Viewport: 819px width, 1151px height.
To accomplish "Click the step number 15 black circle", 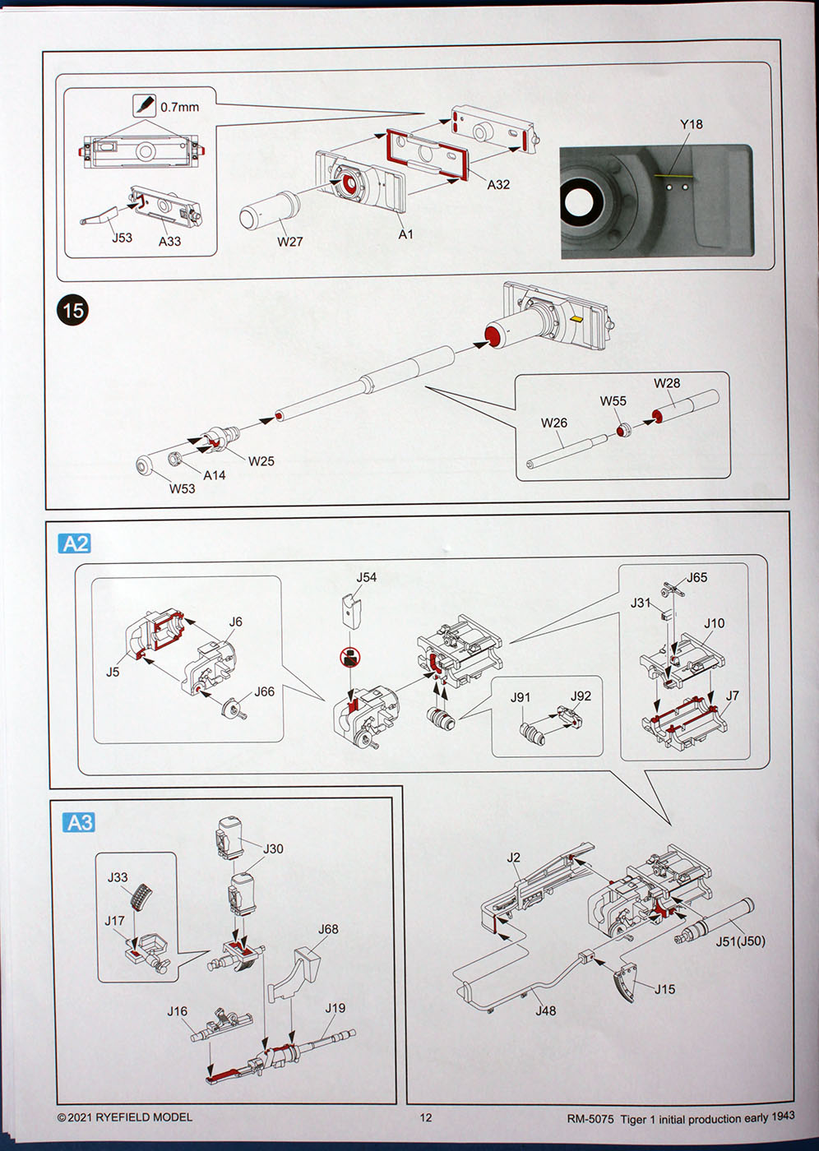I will (72, 310).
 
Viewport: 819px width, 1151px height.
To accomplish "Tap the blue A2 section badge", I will (75, 543).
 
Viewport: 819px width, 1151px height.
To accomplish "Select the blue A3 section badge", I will (79, 822).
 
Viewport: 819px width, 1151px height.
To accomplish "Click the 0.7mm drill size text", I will (179, 107).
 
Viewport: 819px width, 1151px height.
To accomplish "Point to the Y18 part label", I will (691, 124).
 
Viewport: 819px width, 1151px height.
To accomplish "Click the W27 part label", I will (289, 242).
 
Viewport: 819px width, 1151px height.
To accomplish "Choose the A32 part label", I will (498, 185).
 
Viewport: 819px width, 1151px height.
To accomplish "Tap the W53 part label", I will (183, 488).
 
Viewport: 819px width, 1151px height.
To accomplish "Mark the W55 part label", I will (613, 401).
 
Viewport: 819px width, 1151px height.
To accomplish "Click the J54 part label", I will (366, 577).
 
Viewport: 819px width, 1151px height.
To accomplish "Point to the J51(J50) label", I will (739, 941).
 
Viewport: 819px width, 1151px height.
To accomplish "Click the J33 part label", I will (118, 877).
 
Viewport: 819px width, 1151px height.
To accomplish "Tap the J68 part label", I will (328, 929).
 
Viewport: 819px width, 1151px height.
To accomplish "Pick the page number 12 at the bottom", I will (425, 1117).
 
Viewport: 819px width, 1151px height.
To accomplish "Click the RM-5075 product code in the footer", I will (590, 1119).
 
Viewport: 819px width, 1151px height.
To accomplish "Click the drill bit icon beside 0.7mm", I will (144, 106).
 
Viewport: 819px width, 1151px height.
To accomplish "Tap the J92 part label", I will (581, 696).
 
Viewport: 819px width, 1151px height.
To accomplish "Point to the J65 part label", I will (696, 577).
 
